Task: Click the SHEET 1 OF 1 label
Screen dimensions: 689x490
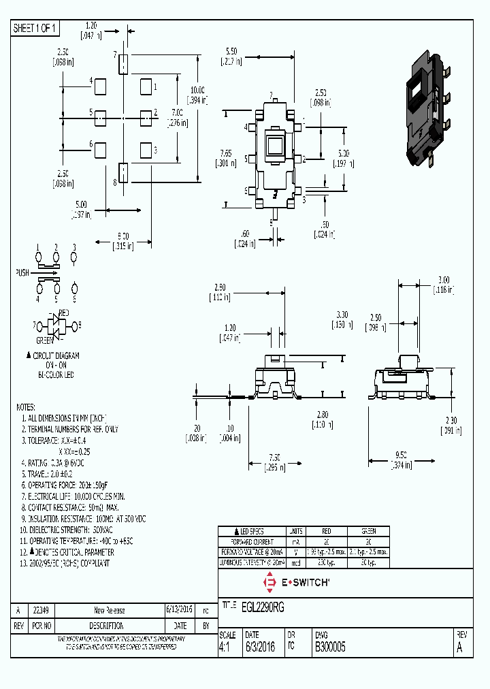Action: pyautogui.click(x=35, y=28)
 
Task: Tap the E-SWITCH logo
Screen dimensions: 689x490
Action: pyautogui.click(x=296, y=582)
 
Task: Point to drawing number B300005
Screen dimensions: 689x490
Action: pyautogui.click(x=329, y=648)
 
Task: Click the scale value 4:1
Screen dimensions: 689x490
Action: pyautogui.click(x=225, y=648)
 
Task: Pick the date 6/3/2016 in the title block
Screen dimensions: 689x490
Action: pyautogui.click(x=260, y=648)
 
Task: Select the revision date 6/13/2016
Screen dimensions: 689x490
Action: pyautogui.click(x=180, y=610)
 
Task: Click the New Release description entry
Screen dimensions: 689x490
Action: pyautogui.click(x=109, y=610)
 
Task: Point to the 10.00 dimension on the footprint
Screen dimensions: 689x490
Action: pyautogui.click(x=197, y=90)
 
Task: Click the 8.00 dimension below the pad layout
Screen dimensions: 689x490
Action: pyautogui.click(x=122, y=235)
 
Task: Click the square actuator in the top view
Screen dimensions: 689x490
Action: pyautogui.click(x=275, y=147)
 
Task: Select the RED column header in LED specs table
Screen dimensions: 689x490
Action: pyautogui.click(x=325, y=531)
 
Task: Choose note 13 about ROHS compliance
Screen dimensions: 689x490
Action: pyautogui.click(x=67, y=562)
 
